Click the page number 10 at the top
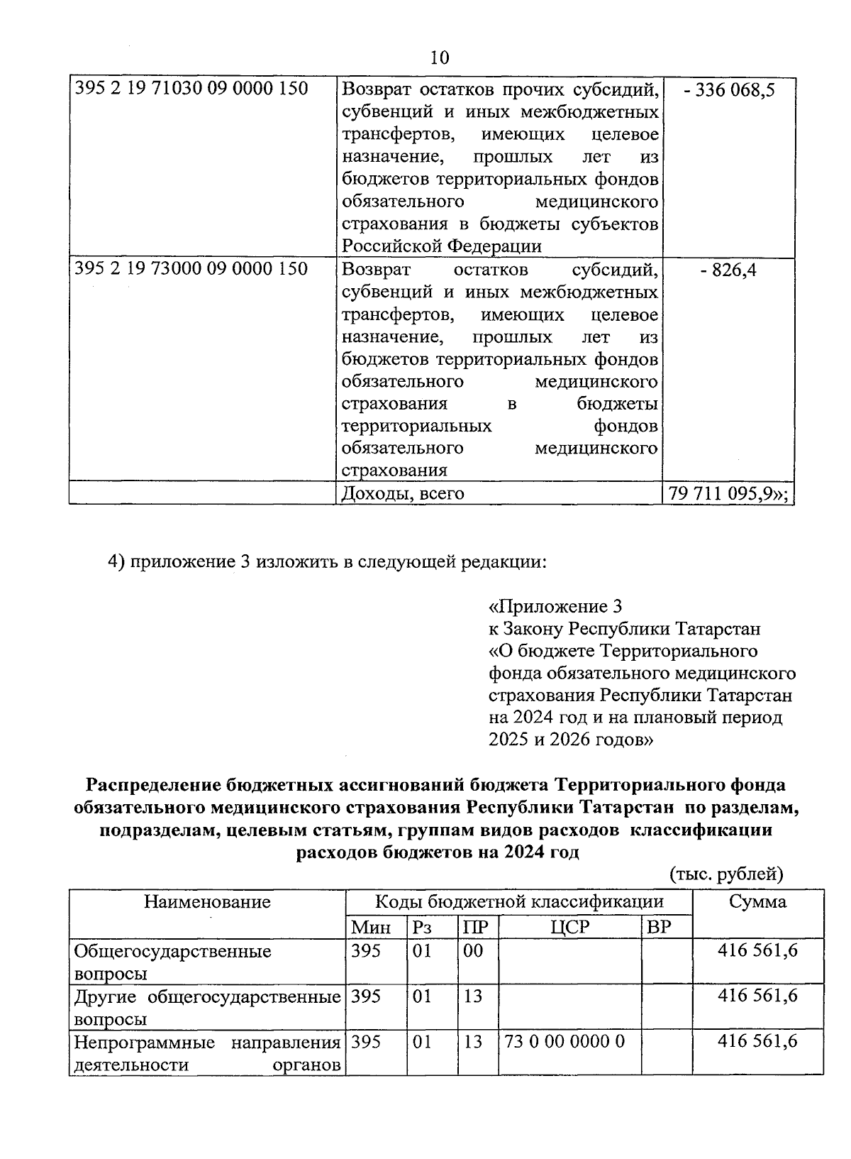[x=439, y=57]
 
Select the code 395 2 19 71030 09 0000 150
[x=191, y=89]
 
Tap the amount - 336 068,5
[x=729, y=90]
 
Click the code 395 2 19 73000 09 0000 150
[x=191, y=270]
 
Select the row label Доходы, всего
[x=403, y=493]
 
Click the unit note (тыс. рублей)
[x=726, y=874]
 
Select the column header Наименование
[x=207, y=902]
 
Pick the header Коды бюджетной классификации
[x=519, y=902]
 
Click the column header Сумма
[x=757, y=902]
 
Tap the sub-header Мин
[x=371, y=927]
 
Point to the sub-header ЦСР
[x=570, y=927]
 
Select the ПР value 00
[x=472, y=950]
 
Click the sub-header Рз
[x=422, y=927]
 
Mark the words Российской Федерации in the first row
[x=441, y=246]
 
